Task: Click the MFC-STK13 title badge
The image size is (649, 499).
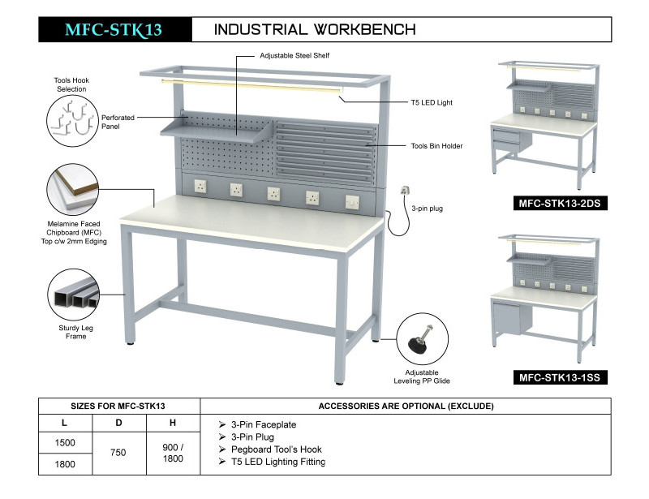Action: tap(114, 30)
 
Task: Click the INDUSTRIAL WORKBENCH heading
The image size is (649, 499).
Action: tap(315, 30)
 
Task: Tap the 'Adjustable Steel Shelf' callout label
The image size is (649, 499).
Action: tap(294, 55)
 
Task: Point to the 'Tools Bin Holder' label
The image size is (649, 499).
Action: tap(436, 146)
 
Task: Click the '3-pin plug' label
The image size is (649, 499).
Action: tap(427, 209)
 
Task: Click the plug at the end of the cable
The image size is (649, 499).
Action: tap(403, 193)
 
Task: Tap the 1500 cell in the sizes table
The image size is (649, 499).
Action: tap(66, 442)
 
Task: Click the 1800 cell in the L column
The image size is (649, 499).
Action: tap(66, 465)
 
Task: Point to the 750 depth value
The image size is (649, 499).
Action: tap(118, 454)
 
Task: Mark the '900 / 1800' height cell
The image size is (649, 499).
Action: tap(173, 453)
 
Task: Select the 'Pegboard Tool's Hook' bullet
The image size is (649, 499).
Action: tap(276, 450)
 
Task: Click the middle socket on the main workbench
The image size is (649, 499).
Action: tap(274, 193)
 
